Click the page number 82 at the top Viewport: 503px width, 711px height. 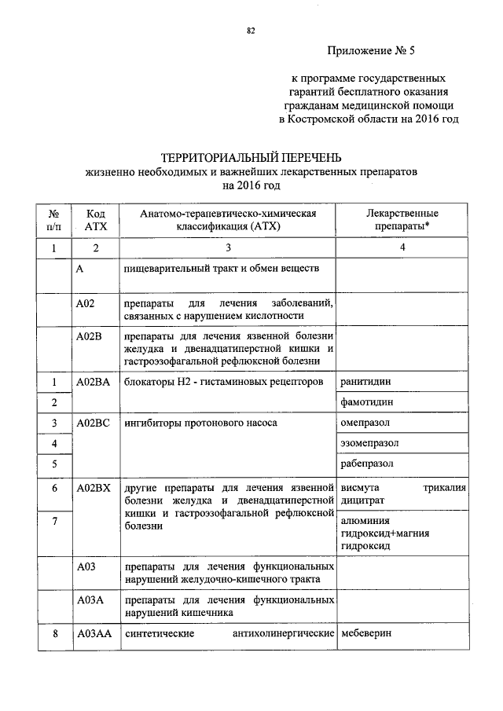point(251,31)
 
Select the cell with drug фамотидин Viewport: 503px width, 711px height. point(366,402)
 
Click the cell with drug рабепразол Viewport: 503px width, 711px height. point(367,464)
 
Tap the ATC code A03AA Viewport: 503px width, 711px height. point(94,634)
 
